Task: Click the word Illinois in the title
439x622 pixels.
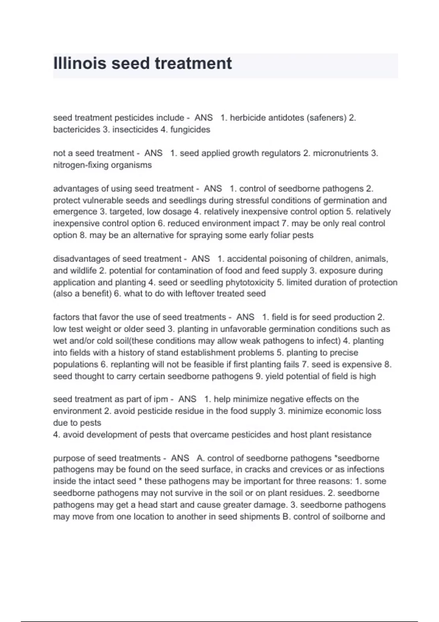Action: (x=80, y=63)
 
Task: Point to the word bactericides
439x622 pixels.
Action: (x=76, y=130)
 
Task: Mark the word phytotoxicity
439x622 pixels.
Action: (x=250, y=282)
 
